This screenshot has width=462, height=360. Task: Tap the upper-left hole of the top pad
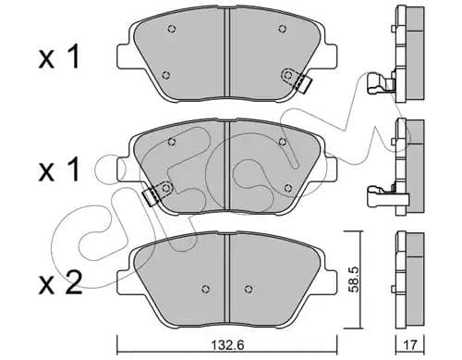click(172, 30)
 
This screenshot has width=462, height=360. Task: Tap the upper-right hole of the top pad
click(282, 29)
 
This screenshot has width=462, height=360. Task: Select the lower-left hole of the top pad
click(164, 75)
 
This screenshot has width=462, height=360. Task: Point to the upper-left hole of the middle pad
click(174, 141)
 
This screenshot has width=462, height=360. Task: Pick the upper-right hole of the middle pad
click(283, 141)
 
